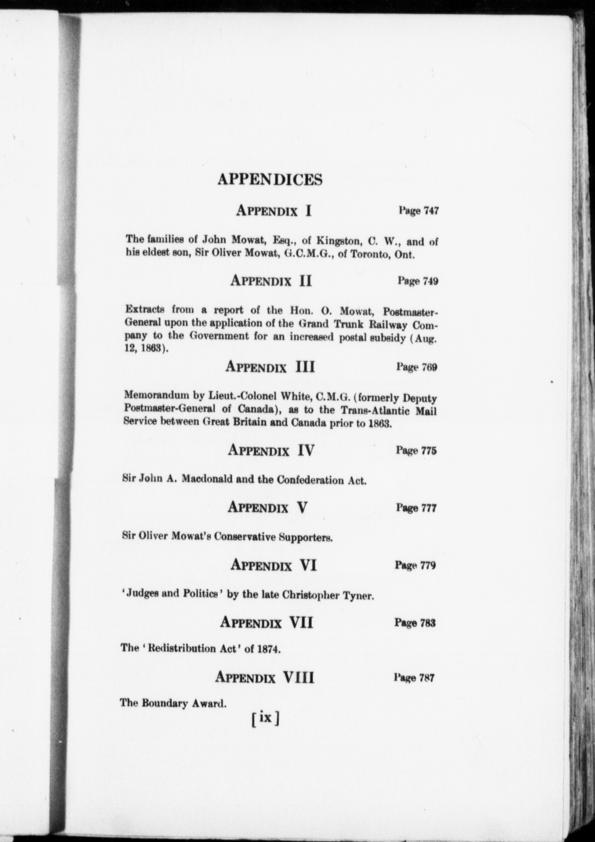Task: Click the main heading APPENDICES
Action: click(x=270, y=179)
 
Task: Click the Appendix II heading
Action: click(x=271, y=281)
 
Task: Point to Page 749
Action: click(x=418, y=281)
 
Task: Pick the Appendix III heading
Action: click(x=270, y=367)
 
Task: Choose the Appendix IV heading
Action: click(x=271, y=450)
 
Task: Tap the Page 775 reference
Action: click(x=416, y=451)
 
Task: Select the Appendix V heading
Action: click(x=268, y=507)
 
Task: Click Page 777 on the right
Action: click(x=416, y=508)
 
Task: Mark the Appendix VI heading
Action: click(x=273, y=565)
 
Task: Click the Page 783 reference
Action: click(x=415, y=623)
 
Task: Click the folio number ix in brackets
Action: click(x=265, y=717)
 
